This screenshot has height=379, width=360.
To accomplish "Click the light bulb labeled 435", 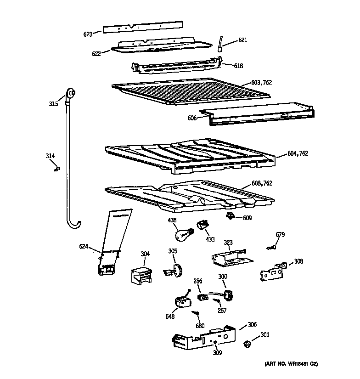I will point(182,234).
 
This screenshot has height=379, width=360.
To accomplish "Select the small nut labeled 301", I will point(247,343).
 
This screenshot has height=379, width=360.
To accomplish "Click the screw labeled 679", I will point(271,248).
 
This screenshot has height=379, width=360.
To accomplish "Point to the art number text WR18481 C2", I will point(291,364).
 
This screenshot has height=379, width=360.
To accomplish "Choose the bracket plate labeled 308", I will point(272,272).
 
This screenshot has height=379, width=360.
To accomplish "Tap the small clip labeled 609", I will point(231,215).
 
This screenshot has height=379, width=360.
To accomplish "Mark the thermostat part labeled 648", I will point(182,302).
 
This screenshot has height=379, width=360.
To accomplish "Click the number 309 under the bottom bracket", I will point(217,353).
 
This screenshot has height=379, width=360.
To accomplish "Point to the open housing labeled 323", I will point(230,259).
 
